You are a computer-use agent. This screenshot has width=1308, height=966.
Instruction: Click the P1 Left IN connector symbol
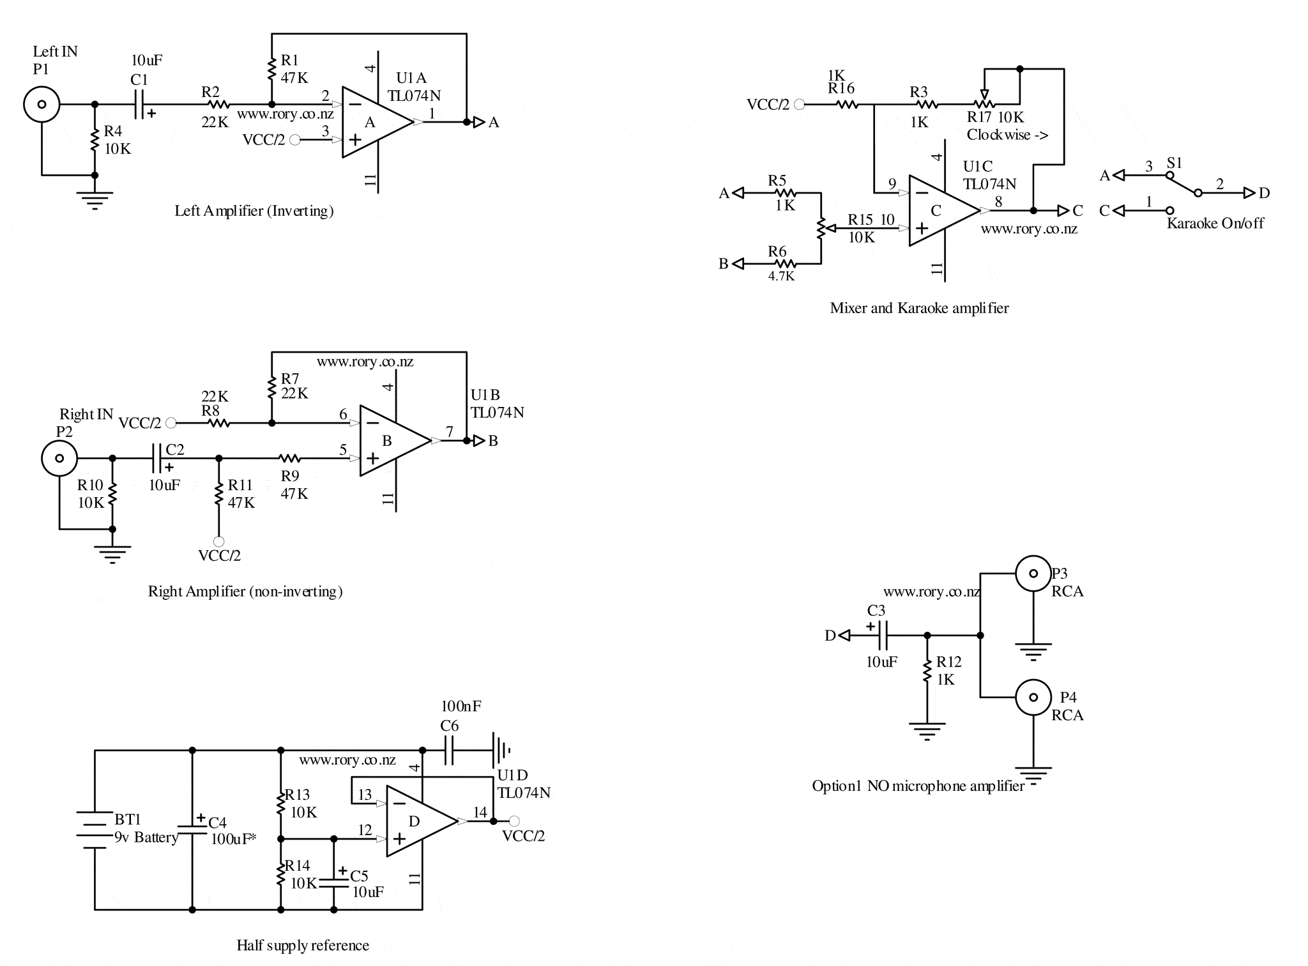click(42, 104)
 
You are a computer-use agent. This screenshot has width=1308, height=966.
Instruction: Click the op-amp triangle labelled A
click(374, 122)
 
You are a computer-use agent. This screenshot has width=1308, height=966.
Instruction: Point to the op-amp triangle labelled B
click(391, 441)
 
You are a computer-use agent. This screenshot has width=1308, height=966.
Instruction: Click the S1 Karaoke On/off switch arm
click(1183, 184)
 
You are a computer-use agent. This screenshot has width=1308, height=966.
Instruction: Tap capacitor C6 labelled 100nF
click(449, 751)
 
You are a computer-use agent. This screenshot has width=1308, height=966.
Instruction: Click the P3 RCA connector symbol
click(1033, 574)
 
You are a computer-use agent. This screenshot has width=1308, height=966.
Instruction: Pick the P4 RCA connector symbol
click(1033, 697)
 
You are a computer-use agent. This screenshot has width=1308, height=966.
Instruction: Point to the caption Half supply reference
click(303, 946)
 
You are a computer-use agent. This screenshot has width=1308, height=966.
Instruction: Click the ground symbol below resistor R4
click(95, 200)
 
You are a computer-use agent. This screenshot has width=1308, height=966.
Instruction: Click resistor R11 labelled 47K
click(219, 494)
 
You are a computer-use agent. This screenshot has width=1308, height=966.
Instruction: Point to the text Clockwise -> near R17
click(1007, 135)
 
